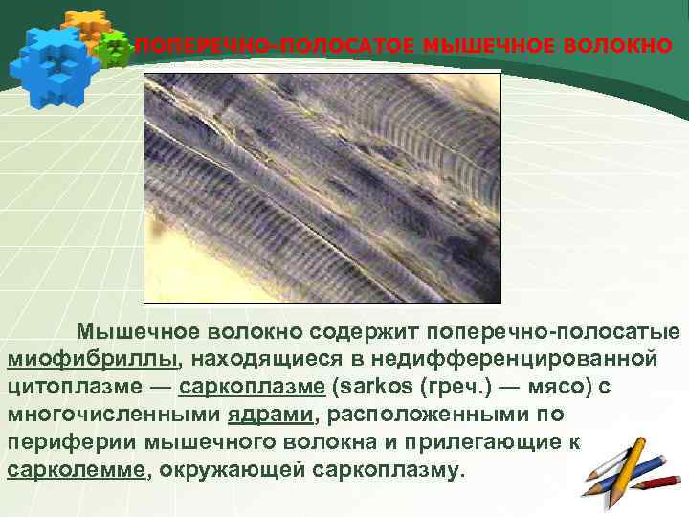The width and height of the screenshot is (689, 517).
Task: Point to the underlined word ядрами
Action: tap(271, 416)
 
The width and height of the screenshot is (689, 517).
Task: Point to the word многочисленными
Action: tap(114, 416)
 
